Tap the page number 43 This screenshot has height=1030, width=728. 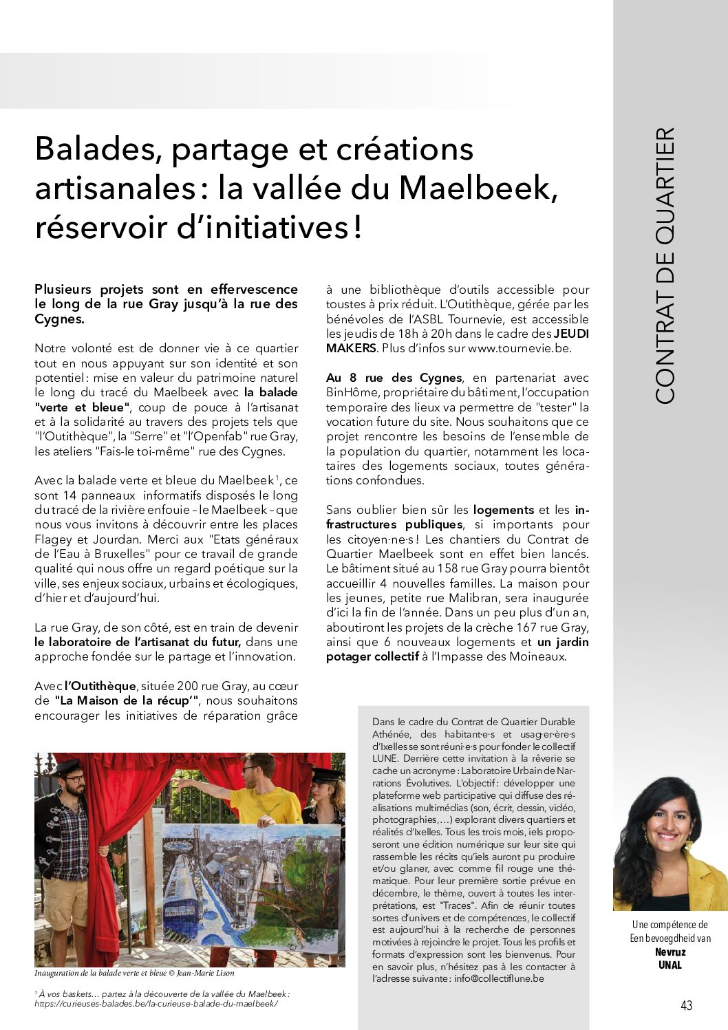coord(686,1005)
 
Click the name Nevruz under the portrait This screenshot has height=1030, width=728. coord(670,952)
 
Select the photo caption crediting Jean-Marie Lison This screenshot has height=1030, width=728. coord(134,974)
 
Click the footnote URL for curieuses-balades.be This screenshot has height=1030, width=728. coord(156,1004)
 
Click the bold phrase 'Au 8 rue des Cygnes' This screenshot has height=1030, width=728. coord(394,378)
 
